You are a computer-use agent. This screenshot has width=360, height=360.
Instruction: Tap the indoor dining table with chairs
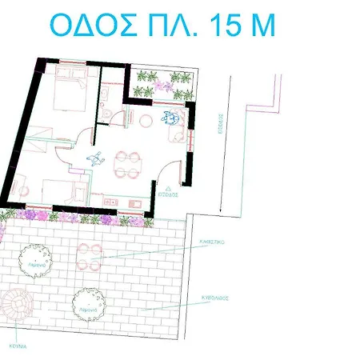[126, 163]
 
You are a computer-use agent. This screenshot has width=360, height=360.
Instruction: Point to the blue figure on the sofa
[170, 118]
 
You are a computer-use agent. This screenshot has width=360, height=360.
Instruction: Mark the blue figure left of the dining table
[95, 158]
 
